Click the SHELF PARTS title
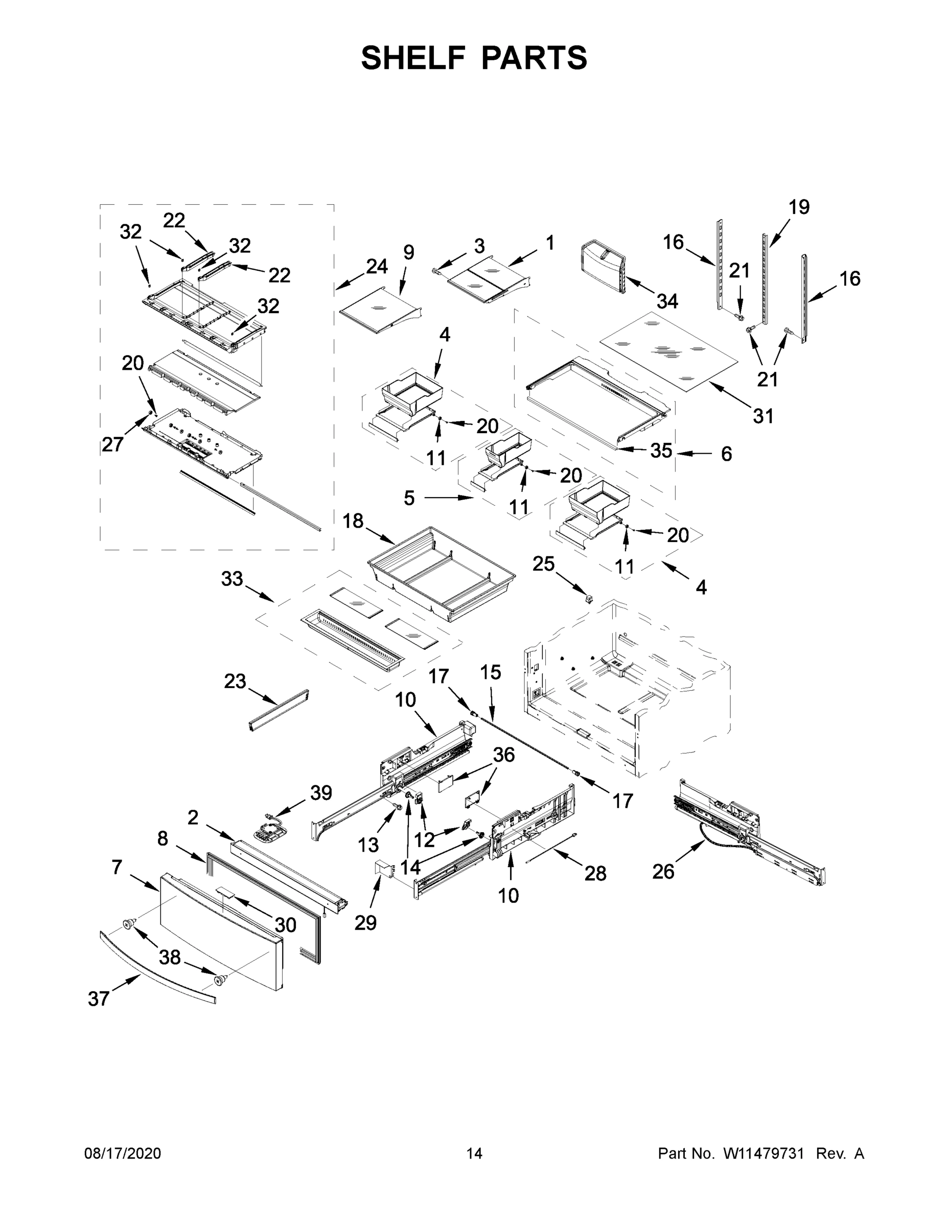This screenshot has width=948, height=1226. pos(474,58)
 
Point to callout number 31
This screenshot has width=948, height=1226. pos(763,416)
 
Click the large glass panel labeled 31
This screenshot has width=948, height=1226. pos(668,352)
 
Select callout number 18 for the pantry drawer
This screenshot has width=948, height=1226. pos(353,521)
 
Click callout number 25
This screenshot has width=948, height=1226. pos(543,563)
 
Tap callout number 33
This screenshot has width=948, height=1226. pos(232,578)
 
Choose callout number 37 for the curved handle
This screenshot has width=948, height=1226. pos(98,999)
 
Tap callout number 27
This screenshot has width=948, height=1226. pos(112,444)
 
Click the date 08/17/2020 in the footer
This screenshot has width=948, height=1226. pos(123,1153)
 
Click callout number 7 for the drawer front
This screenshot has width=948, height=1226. pos(116,867)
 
